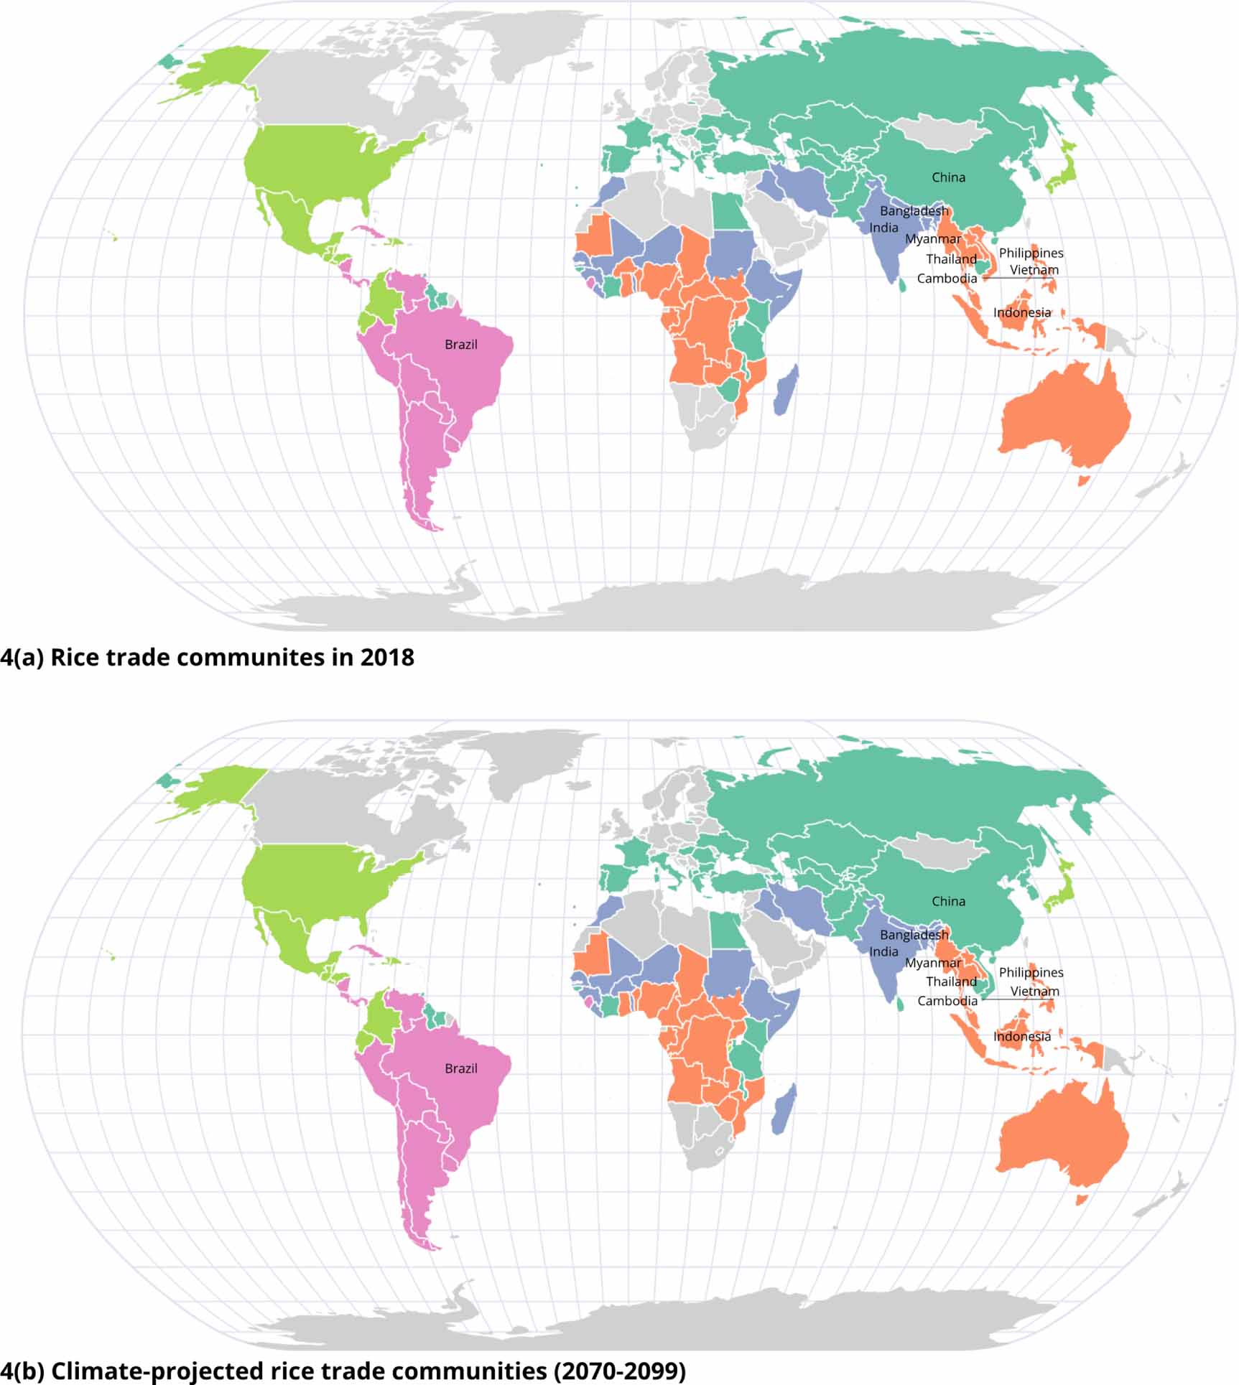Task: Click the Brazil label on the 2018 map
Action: click(x=460, y=345)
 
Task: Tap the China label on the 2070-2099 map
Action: click(x=948, y=901)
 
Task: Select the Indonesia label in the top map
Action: click(x=1021, y=312)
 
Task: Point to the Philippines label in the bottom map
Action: click(x=1031, y=972)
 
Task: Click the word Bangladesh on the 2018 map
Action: click(x=914, y=211)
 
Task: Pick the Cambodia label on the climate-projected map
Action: click(x=947, y=1001)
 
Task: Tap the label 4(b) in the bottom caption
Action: click(x=22, y=1371)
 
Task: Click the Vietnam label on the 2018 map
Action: click(x=1034, y=270)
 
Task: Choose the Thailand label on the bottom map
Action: click(x=951, y=981)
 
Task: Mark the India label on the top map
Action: click(x=883, y=228)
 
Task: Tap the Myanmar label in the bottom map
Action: click(x=932, y=963)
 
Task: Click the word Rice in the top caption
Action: click(x=75, y=658)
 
